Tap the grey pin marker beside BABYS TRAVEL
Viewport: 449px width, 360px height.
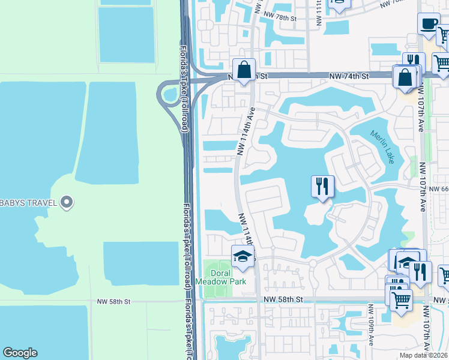[67, 203]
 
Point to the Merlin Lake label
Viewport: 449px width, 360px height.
[382, 148]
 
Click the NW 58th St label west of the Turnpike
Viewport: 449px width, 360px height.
[113, 301]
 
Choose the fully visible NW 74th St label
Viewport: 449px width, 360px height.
[348, 76]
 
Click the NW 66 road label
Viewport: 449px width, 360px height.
[439, 188]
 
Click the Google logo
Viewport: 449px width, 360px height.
[20, 353]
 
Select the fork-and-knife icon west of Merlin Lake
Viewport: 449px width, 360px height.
[322, 186]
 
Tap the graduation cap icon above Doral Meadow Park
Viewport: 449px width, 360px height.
[243, 256]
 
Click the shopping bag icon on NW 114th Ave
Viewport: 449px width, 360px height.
[244, 70]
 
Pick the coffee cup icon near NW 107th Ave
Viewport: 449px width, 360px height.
[428, 24]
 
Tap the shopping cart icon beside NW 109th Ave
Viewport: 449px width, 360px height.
[401, 299]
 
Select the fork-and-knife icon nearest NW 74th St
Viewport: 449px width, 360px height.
[413, 63]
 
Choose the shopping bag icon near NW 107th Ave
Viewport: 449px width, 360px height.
[405, 77]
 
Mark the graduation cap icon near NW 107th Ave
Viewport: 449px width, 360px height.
[406, 262]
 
